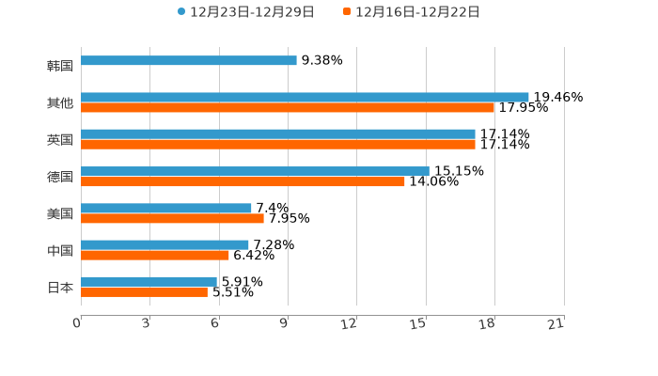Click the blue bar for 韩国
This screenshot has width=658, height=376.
pyautogui.click(x=188, y=60)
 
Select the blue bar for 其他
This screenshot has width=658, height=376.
pyautogui.click(x=305, y=97)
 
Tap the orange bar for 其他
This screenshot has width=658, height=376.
pyautogui.click(x=288, y=108)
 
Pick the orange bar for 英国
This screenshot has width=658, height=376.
pyautogui.click(x=278, y=145)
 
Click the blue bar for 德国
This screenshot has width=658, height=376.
pyautogui.click(x=255, y=171)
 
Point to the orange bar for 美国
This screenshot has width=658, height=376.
pyautogui.click(x=172, y=218)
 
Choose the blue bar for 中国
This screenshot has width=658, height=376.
pyautogui.click(x=164, y=244)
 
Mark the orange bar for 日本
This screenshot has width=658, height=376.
pyautogui.click(x=144, y=292)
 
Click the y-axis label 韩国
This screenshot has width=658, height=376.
pyautogui.click(x=60, y=66)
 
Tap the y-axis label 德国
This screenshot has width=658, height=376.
pyautogui.click(x=60, y=177)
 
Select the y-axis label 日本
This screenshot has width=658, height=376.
pyautogui.click(x=60, y=287)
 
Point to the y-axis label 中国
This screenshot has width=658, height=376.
pyautogui.click(x=60, y=250)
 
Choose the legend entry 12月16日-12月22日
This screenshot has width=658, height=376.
pyautogui.click(x=417, y=12)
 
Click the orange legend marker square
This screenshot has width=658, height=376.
pyautogui.click(x=347, y=12)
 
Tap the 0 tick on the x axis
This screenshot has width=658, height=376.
pyautogui.click(x=77, y=323)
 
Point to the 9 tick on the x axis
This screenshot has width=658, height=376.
pyautogui.click(x=284, y=323)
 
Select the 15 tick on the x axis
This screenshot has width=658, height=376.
pyautogui.click(x=418, y=323)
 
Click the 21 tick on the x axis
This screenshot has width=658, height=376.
pyautogui.click(x=556, y=323)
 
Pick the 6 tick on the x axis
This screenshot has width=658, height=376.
pyautogui.click(x=215, y=323)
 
